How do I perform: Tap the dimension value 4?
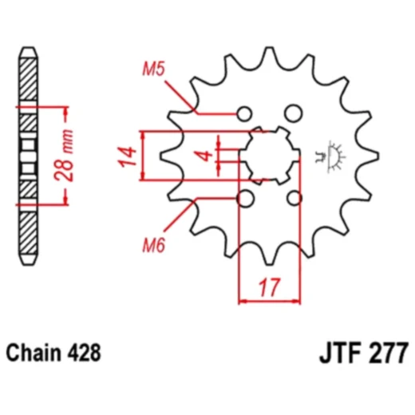tap(204, 154)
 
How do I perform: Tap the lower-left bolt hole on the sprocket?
tap(245, 197)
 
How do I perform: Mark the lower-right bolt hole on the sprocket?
tap(294, 197)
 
